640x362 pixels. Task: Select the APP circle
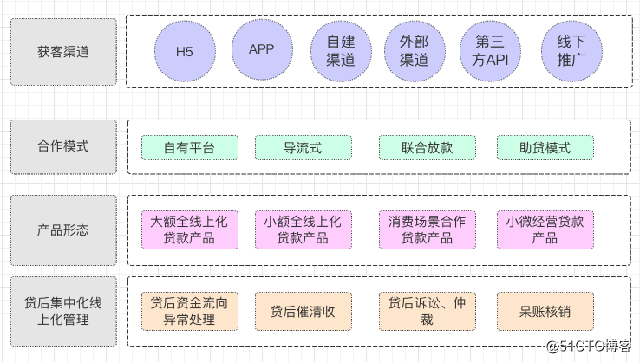coord(261,49)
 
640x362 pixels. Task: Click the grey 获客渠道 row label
coord(63,52)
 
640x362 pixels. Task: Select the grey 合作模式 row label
coord(63,147)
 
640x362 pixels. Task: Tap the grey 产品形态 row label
coord(63,230)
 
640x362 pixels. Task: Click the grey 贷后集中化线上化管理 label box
coord(63,311)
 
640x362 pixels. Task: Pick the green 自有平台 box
coord(189,148)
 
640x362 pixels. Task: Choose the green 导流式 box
coord(303,148)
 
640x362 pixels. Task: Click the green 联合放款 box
coord(428,148)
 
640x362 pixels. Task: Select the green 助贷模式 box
coord(545,148)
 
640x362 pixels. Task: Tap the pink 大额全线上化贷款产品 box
coord(189,229)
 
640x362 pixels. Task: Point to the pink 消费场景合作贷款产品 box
coord(428,229)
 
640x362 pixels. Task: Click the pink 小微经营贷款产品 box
coord(545,229)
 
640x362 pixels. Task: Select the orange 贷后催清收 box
coord(303,311)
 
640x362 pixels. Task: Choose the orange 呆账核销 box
coord(545,311)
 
